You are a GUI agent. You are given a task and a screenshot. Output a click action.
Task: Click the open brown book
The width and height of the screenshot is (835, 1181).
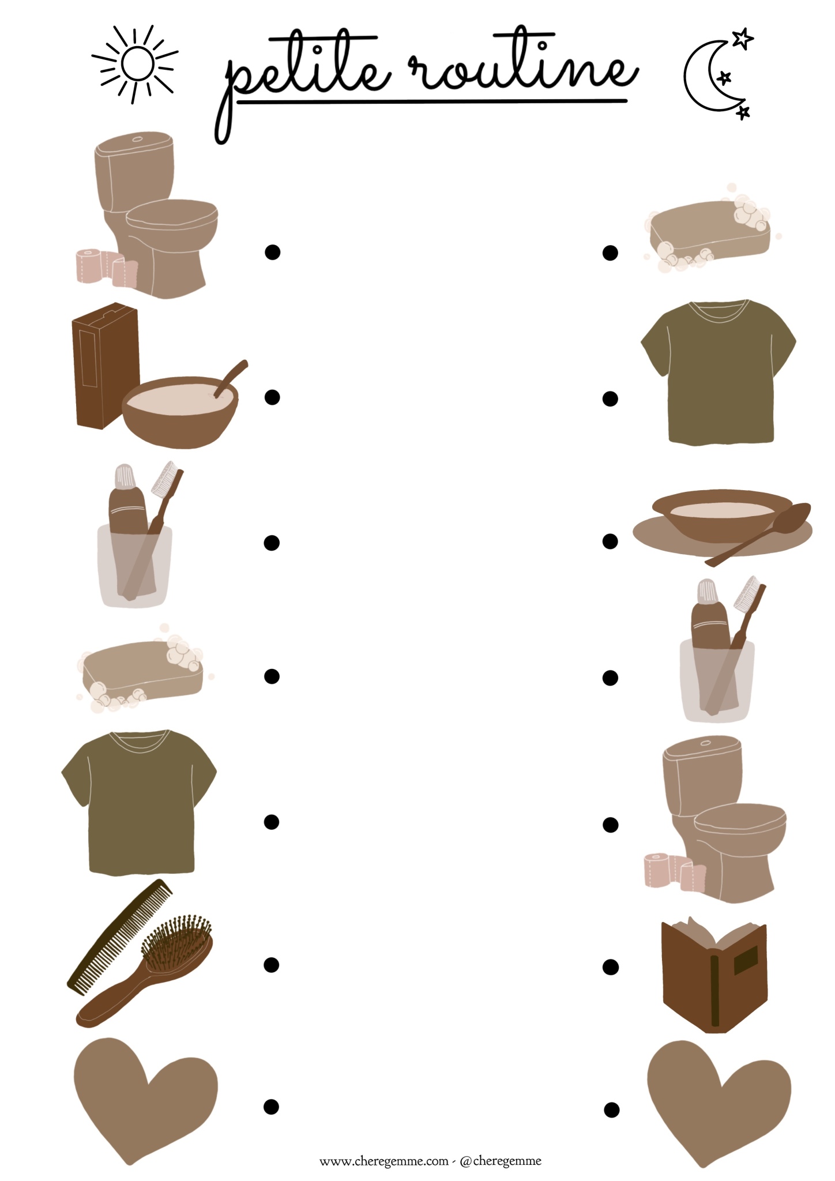[x=714, y=973]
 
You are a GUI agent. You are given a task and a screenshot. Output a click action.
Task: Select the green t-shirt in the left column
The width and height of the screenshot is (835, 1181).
[x=138, y=802]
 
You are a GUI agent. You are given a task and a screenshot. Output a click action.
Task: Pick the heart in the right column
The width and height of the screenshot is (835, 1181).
[x=719, y=1103]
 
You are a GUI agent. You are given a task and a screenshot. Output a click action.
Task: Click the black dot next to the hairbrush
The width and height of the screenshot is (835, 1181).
[x=272, y=965]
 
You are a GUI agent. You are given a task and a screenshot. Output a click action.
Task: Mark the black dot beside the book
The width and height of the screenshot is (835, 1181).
[x=611, y=967]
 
